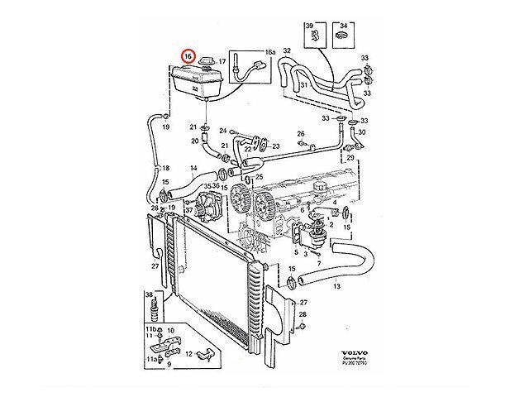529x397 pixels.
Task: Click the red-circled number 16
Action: [x=188, y=57]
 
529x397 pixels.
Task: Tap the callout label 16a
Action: [x=270, y=52]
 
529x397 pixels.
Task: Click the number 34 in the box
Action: [x=344, y=27]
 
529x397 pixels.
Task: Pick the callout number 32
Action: [x=287, y=51]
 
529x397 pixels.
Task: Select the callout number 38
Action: [x=149, y=294]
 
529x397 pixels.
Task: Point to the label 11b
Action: [x=151, y=329]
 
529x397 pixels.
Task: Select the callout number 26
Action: [x=301, y=133]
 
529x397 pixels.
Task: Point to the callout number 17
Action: [x=221, y=61]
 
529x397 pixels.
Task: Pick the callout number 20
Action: [x=194, y=141]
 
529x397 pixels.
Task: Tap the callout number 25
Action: [x=260, y=176]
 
